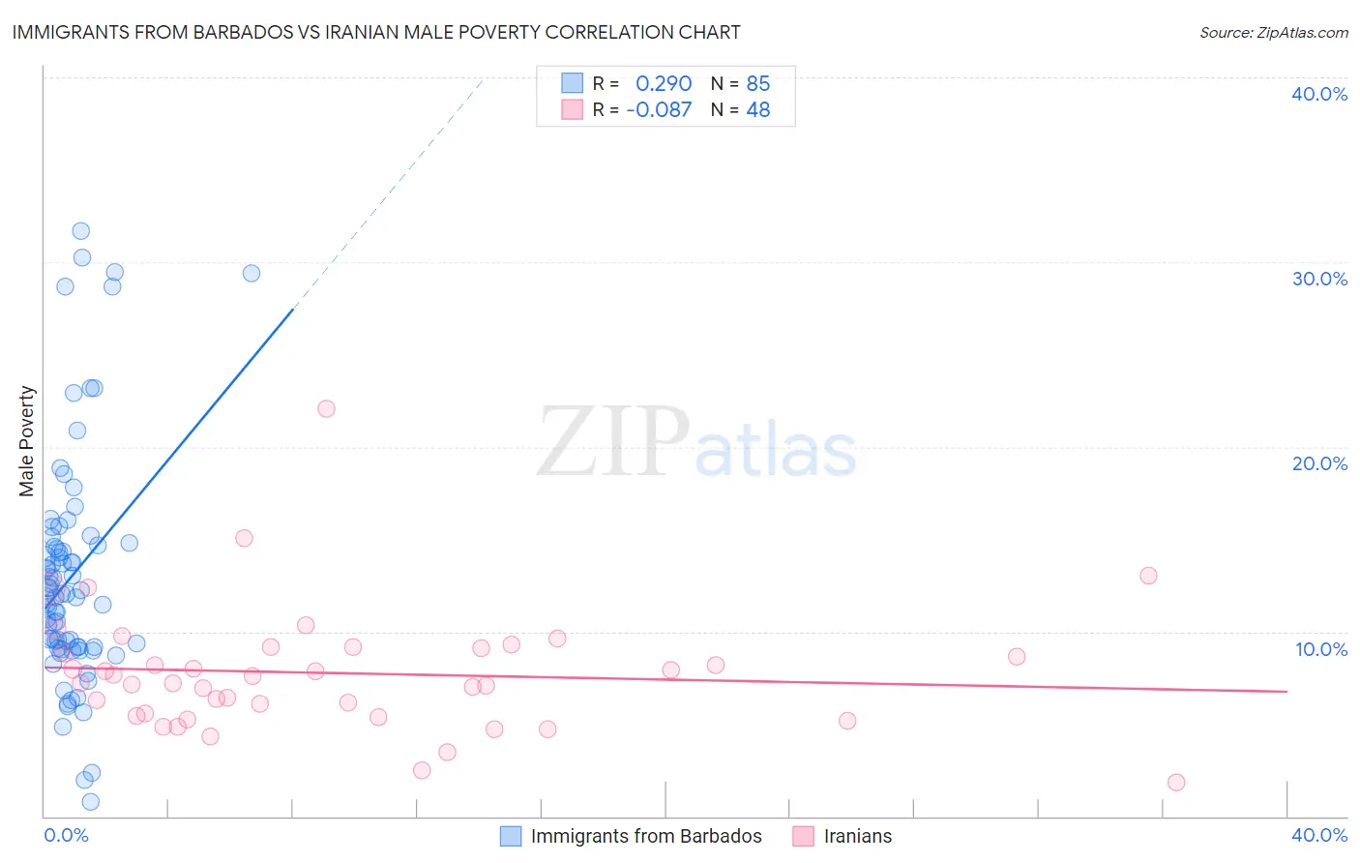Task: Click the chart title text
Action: (376, 32)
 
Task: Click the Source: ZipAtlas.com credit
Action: (1273, 32)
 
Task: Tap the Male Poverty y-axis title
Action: (27, 441)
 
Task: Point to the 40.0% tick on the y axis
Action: (1319, 94)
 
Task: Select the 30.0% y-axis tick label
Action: (1319, 279)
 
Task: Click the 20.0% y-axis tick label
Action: (1319, 463)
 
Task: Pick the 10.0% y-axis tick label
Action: (1321, 649)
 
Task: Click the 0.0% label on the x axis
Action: (66, 835)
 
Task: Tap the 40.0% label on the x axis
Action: (1319, 835)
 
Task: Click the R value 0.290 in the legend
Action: (664, 83)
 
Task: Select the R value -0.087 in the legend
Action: (659, 109)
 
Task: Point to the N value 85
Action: (758, 83)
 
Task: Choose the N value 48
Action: (758, 109)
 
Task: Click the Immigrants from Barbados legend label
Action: (646, 836)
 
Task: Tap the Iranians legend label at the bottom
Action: (858, 836)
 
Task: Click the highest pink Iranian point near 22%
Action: (326, 408)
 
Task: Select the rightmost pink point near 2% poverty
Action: (1176, 782)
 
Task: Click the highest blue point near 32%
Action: (81, 230)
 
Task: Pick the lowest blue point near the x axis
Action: (91, 801)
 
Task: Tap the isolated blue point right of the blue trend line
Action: (251, 273)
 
